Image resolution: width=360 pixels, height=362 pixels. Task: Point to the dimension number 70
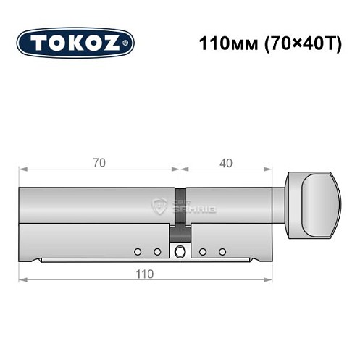(x=99, y=162)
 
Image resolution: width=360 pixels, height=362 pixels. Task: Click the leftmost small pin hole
(x=138, y=251)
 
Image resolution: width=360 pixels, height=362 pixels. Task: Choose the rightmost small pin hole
(x=222, y=251)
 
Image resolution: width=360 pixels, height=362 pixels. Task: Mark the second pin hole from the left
(x=157, y=251)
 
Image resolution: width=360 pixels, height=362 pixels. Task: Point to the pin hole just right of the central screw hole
(x=203, y=251)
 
